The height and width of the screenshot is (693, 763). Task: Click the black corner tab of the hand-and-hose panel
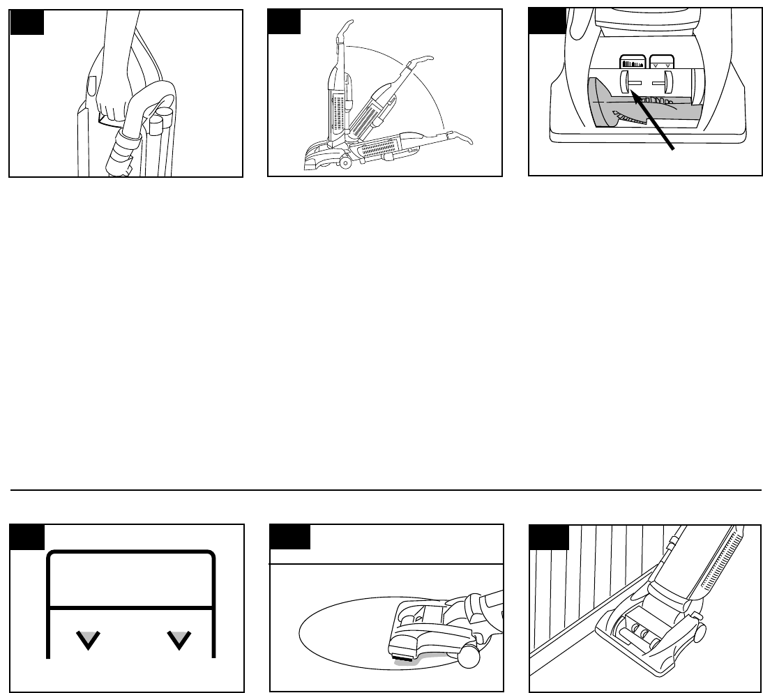27,22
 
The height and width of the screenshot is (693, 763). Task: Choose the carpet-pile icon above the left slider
633,62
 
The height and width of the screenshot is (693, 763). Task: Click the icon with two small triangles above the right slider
660,62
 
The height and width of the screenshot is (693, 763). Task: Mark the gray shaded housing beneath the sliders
607,105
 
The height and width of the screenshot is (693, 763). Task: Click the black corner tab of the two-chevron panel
27,537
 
